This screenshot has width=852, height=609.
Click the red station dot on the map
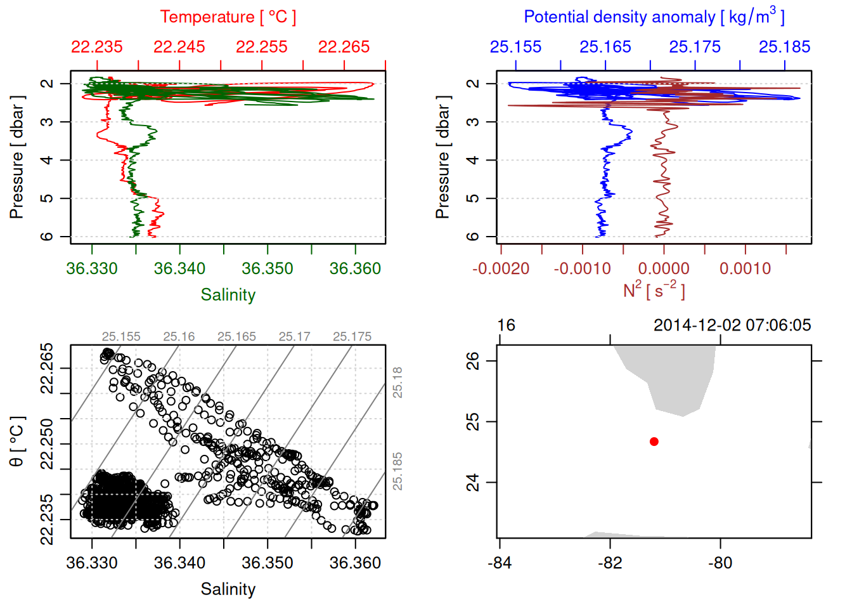(x=654, y=442)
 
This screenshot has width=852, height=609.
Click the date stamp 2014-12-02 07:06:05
(x=732, y=325)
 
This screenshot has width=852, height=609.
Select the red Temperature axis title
(x=228, y=17)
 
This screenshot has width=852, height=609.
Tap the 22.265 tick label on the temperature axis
(x=344, y=47)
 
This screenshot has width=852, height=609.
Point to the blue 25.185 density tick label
(x=784, y=47)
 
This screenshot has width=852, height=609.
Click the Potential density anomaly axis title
(x=654, y=16)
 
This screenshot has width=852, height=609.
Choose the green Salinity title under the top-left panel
(x=228, y=295)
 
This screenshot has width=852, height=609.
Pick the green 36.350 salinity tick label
(x=268, y=268)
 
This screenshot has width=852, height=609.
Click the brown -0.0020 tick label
(x=501, y=268)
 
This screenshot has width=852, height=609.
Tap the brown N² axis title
(x=654, y=290)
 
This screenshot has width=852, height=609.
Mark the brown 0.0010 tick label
(x=745, y=268)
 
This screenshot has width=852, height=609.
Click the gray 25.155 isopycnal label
(x=121, y=337)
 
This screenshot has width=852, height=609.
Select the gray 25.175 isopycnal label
(x=352, y=337)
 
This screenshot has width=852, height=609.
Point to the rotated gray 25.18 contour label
(x=397, y=383)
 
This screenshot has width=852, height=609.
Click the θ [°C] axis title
(x=17, y=442)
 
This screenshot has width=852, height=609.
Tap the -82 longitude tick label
(x=610, y=563)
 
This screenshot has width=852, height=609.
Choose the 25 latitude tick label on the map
(x=473, y=422)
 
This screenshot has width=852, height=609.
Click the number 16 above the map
(x=506, y=325)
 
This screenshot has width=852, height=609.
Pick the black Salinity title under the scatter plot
(x=228, y=589)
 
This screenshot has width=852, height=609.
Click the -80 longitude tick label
(x=720, y=563)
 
